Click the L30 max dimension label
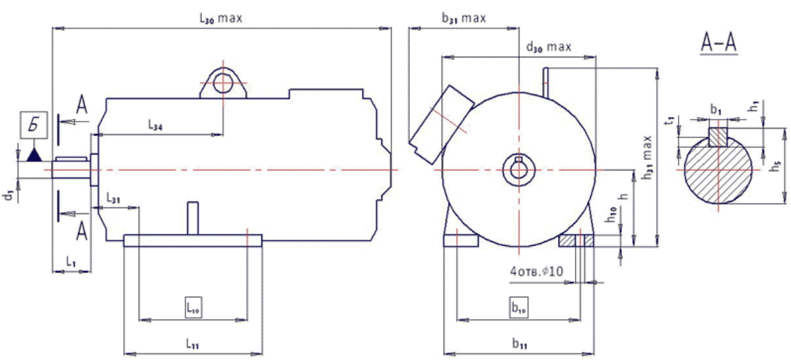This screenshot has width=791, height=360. coord(221,18)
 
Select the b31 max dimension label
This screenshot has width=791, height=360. coord(463,18)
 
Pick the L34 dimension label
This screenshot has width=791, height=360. coord(156,124)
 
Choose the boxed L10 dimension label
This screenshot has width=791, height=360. coord(192,307)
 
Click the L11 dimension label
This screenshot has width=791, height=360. coord(192,344)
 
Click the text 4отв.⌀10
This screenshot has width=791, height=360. coord(536,271)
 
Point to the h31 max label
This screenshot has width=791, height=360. coord(648,157)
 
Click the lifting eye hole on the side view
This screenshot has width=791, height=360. coord(223,84)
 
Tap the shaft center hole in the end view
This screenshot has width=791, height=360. coord(518,168)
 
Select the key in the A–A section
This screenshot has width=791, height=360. coord(718,136)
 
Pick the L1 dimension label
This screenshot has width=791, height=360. coord(71,262)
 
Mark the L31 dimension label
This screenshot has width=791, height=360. coord(113,199)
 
